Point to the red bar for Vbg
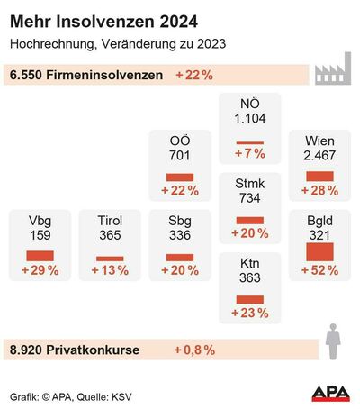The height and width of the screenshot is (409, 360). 40,256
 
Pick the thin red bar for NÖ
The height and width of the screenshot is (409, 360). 249,142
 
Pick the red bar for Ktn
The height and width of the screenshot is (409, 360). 249,299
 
